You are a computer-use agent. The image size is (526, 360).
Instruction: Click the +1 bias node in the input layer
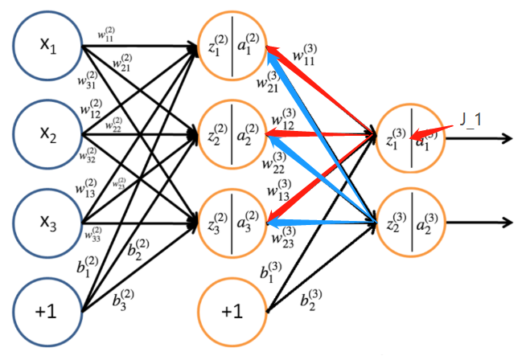[x=47, y=309]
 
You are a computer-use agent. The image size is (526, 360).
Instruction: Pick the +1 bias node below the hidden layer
[x=232, y=309]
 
